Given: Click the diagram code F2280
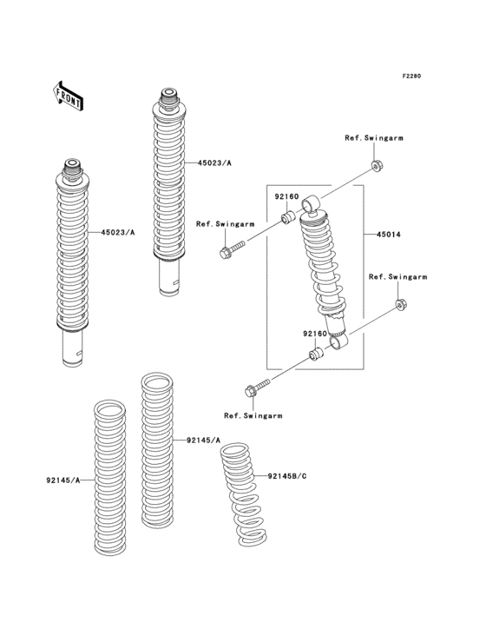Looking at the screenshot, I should click(x=410, y=76).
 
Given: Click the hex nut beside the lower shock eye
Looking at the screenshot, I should click(x=400, y=304).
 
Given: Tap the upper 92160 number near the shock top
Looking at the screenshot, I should click(x=287, y=197).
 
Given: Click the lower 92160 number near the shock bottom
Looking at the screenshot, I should click(x=314, y=333).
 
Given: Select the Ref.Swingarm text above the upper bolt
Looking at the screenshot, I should click(x=225, y=224).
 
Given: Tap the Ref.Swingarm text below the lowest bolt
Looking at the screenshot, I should click(x=253, y=416).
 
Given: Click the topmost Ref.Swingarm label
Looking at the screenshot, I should click(x=374, y=138).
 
